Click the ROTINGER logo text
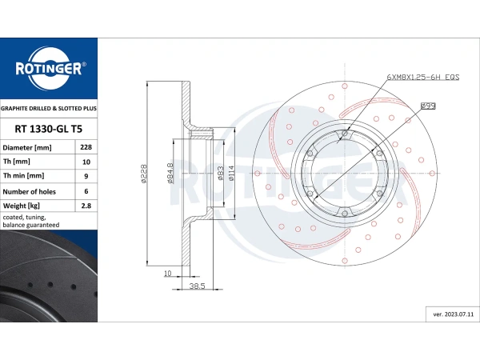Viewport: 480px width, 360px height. [49, 68]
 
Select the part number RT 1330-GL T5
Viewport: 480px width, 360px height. [48, 129]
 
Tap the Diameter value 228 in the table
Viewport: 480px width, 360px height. [86, 147]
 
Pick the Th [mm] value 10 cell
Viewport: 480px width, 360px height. [86, 162]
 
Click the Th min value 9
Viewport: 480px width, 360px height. [86, 176]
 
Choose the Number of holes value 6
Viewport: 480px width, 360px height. [86, 191]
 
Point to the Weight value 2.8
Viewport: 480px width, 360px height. [86, 206]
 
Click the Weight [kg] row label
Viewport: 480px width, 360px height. [21, 206]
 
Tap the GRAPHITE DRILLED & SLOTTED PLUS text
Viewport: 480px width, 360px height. [49, 108]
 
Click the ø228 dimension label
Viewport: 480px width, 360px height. [143, 174]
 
